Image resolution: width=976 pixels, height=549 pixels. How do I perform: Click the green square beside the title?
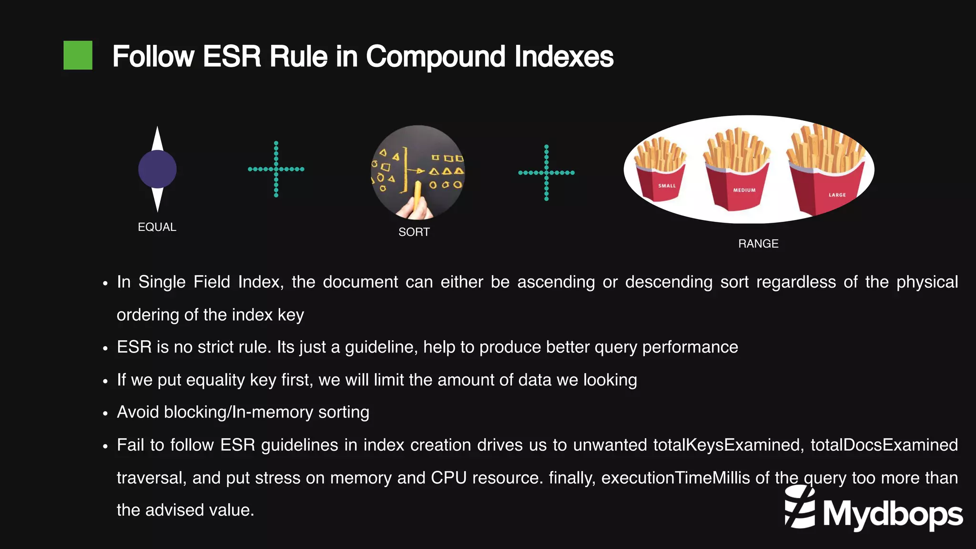coord(78,55)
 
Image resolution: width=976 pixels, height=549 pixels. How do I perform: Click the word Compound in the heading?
coord(435,57)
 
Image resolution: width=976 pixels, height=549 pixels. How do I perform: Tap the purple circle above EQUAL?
coord(157,169)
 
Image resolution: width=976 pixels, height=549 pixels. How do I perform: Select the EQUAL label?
coord(157,227)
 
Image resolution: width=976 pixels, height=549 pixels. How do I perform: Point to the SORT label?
coord(414,232)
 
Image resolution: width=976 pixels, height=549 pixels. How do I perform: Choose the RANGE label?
coord(758,244)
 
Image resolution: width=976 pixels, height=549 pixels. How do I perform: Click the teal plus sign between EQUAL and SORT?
coord(276,169)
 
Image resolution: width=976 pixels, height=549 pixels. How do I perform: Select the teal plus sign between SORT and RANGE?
coord(546,173)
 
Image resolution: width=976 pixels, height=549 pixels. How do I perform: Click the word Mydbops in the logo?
coord(892,514)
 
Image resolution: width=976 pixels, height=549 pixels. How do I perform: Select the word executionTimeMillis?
coord(675,477)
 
